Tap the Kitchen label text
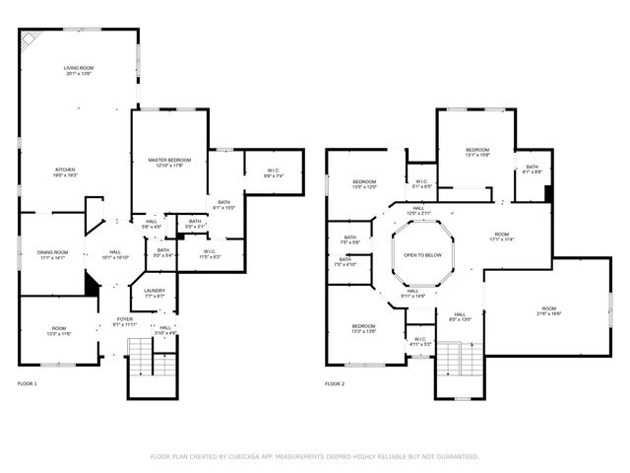64,171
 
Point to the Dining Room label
52,254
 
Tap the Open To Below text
422,255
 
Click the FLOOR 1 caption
28,383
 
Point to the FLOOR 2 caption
336,383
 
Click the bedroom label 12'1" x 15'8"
477,152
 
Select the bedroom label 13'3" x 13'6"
364,329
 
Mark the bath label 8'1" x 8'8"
532,169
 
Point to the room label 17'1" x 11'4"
502,236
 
